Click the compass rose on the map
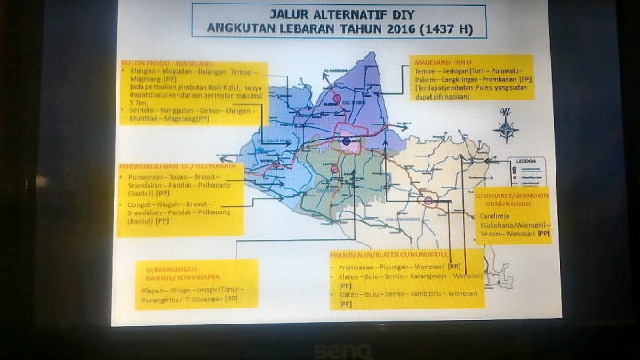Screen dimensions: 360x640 (507, 128)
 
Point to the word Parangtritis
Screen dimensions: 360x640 (159, 299)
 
